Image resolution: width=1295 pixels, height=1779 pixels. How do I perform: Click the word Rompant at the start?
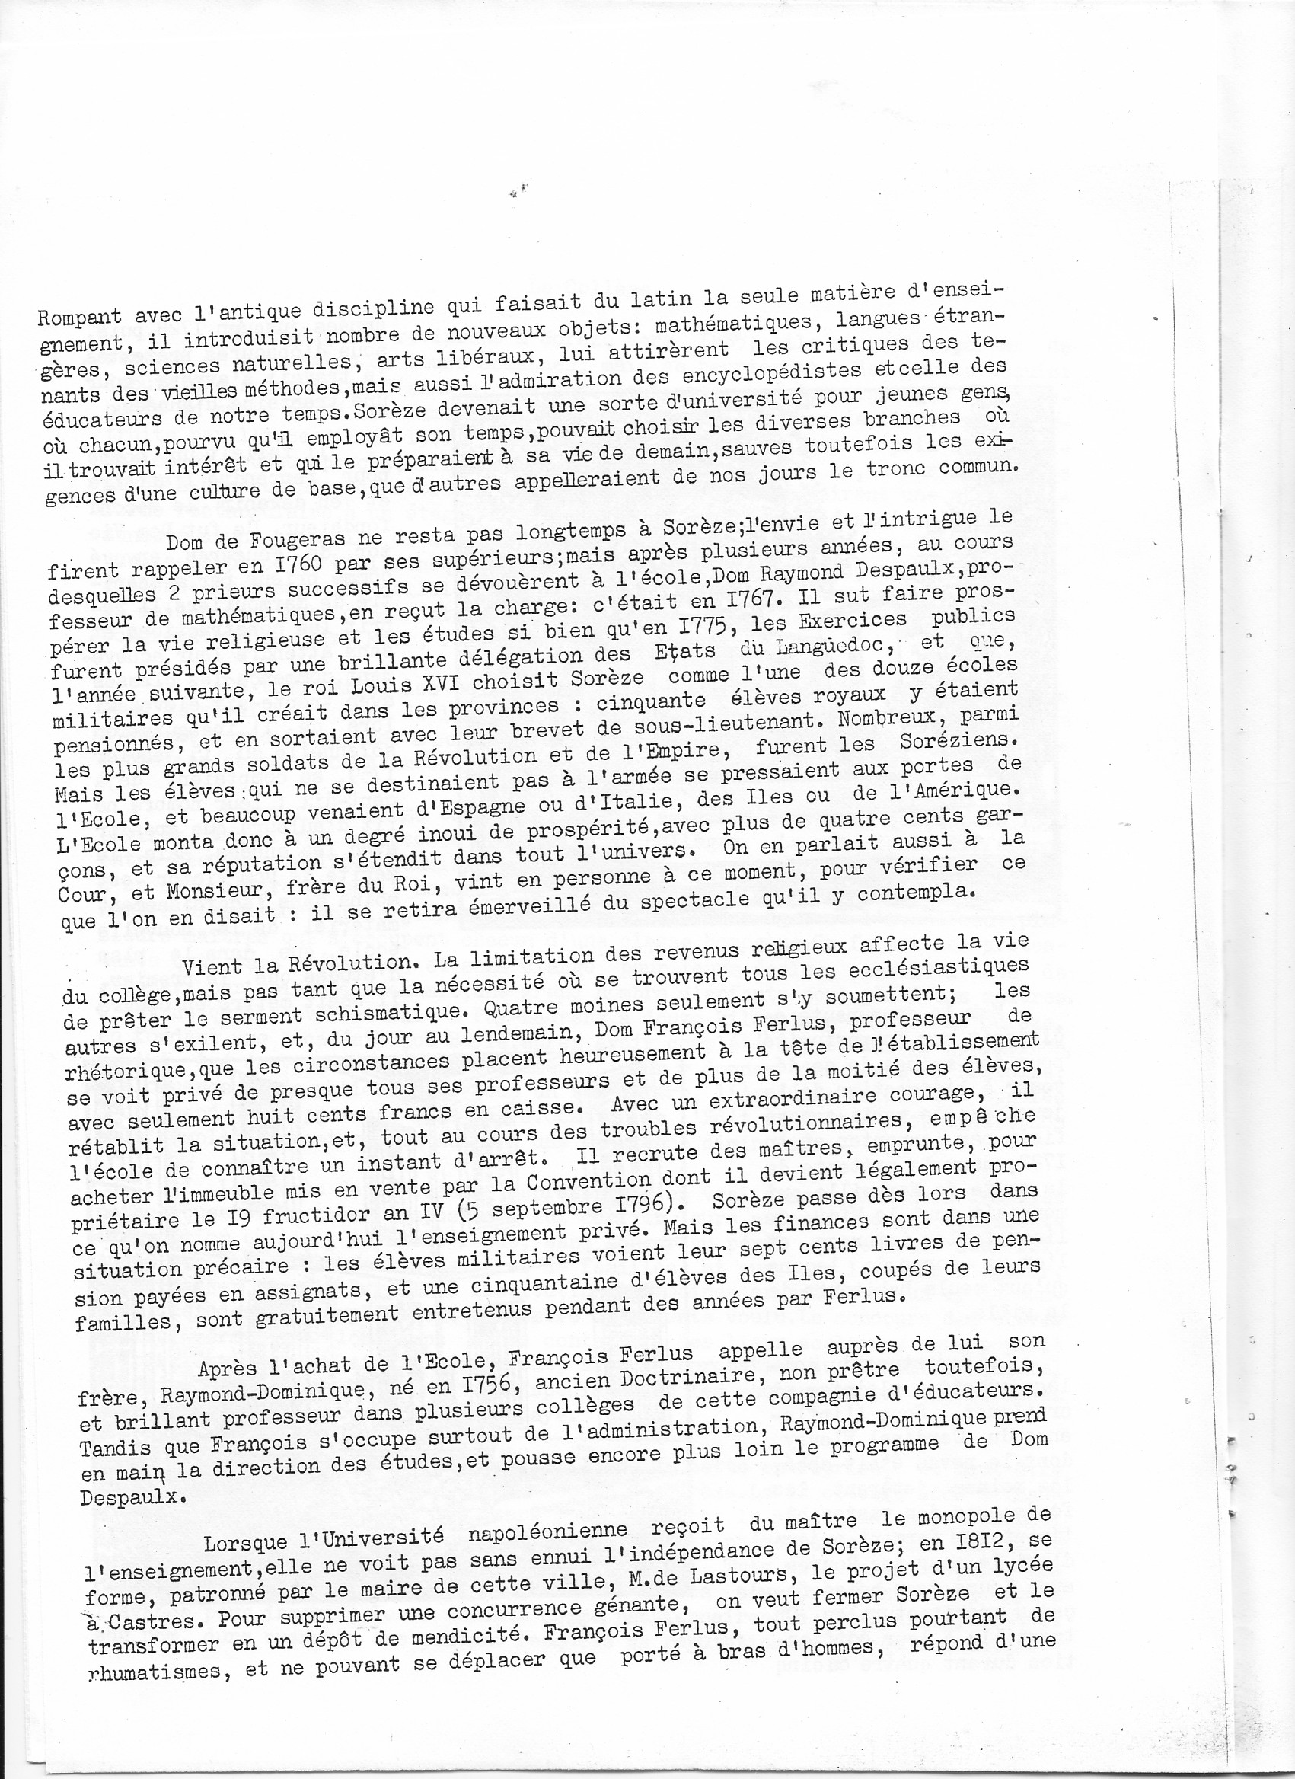point(78,318)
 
